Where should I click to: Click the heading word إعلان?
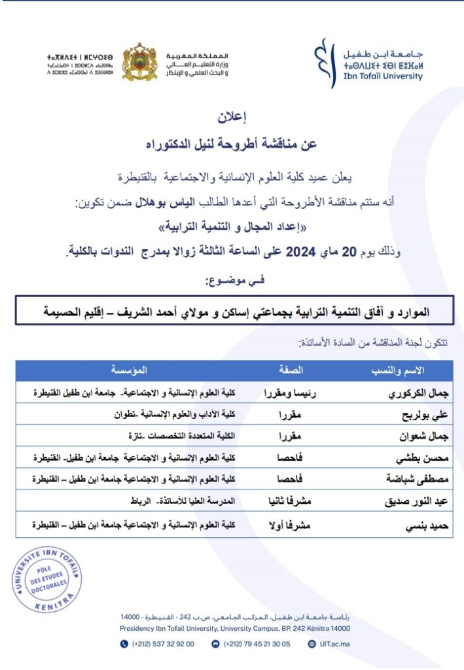(x=231, y=118)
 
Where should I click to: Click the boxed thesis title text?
(x=232, y=312)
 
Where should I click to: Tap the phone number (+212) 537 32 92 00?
(x=162, y=644)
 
